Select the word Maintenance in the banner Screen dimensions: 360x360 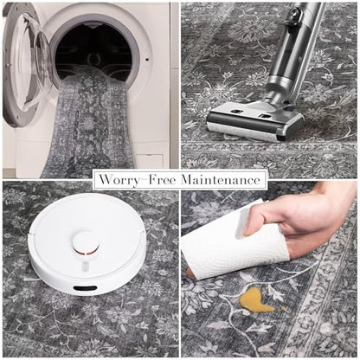click(221, 180)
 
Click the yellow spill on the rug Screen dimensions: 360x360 click(256, 301)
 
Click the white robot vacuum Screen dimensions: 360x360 click(87, 243)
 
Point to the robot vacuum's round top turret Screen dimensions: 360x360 click(86, 242)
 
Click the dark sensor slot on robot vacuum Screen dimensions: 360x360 click(85, 288)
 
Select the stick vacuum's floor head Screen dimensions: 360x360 click(254, 121)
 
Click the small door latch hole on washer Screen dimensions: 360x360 click(147, 60)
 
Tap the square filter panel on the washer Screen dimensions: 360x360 click(150, 162)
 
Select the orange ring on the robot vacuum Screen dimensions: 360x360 click(87, 253)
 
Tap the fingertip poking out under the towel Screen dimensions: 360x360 click(190, 272)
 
